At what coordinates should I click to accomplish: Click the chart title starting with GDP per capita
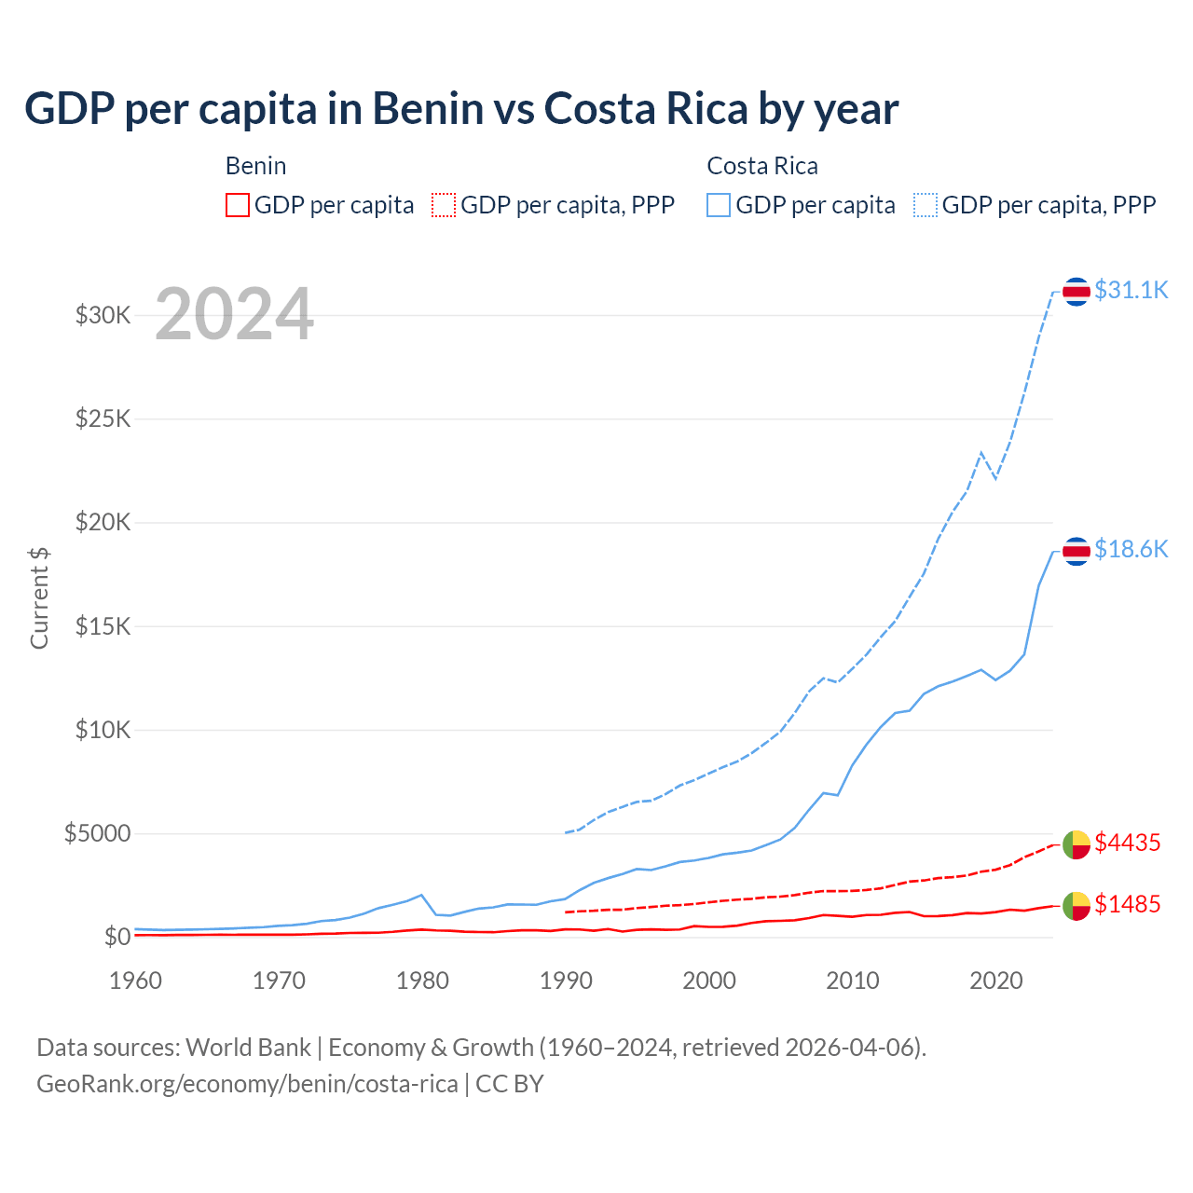[461, 109]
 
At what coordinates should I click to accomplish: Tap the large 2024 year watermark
[234, 315]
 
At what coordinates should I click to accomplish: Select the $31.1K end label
[1131, 290]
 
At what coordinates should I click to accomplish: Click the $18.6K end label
[1131, 549]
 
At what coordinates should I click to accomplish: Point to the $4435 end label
[1127, 843]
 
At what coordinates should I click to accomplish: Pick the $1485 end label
[1127, 904]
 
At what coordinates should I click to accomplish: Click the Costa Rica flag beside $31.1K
[1076, 292]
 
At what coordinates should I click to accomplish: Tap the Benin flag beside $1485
[1076, 905]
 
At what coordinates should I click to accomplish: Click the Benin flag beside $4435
[1076, 844]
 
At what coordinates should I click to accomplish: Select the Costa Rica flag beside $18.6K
[1076, 551]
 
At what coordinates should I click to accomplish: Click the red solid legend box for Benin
[238, 205]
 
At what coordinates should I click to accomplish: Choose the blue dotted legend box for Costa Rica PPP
[926, 205]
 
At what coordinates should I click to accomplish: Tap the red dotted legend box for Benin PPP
[444, 205]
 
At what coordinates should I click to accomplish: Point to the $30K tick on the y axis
[103, 315]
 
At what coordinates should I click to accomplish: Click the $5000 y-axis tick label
[97, 833]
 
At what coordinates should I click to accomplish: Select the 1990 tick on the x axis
[566, 980]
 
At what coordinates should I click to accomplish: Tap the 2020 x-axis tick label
[996, 980]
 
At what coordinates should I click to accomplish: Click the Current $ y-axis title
[39, 597]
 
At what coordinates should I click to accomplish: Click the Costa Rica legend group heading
[762, 166]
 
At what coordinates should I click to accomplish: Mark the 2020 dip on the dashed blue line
[995, 479]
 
